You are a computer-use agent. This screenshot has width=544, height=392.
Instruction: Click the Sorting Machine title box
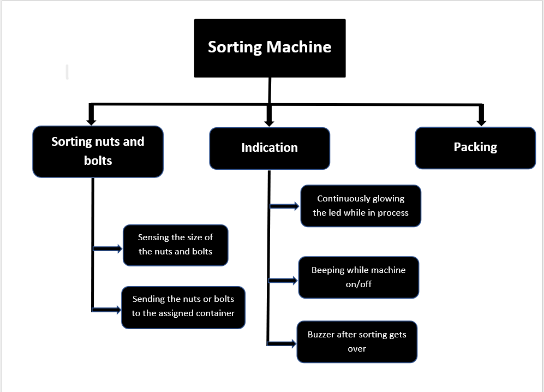tap(270, 48)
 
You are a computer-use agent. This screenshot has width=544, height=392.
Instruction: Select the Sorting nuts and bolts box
tap(98, 151)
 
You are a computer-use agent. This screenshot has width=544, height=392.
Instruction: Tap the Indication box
tap(270, 148)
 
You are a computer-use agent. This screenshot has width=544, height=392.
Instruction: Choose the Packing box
tap(475, 147)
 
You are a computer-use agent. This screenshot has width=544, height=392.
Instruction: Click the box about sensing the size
tap(175, 245)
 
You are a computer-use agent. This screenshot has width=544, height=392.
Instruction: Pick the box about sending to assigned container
tap(183, 307)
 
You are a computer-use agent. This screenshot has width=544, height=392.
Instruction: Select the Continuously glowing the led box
tap(361, 206)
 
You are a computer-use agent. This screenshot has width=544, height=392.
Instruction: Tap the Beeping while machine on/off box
tap(358, 277)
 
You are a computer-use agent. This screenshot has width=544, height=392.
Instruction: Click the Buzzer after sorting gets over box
tap(357, 341)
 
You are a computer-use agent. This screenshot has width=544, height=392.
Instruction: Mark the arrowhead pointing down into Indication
tap(268, 119)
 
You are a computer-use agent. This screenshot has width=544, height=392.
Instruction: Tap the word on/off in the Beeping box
tap(358, 284)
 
